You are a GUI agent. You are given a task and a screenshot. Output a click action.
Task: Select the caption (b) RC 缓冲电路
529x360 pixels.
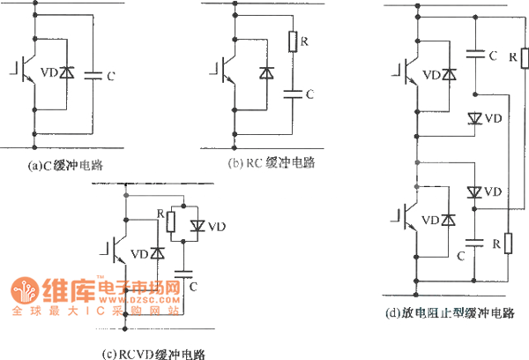coord(272,163)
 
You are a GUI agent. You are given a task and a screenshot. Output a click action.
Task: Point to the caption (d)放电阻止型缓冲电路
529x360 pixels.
coord(450,313)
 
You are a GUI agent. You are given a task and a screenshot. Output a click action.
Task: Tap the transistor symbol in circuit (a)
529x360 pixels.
coord(27,74)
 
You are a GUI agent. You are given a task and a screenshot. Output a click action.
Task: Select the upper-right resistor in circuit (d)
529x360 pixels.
coord(523,59)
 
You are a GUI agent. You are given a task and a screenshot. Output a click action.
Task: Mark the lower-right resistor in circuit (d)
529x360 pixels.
coord(507,242)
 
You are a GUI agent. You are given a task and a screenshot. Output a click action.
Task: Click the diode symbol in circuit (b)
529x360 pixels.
coord(264,74)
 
